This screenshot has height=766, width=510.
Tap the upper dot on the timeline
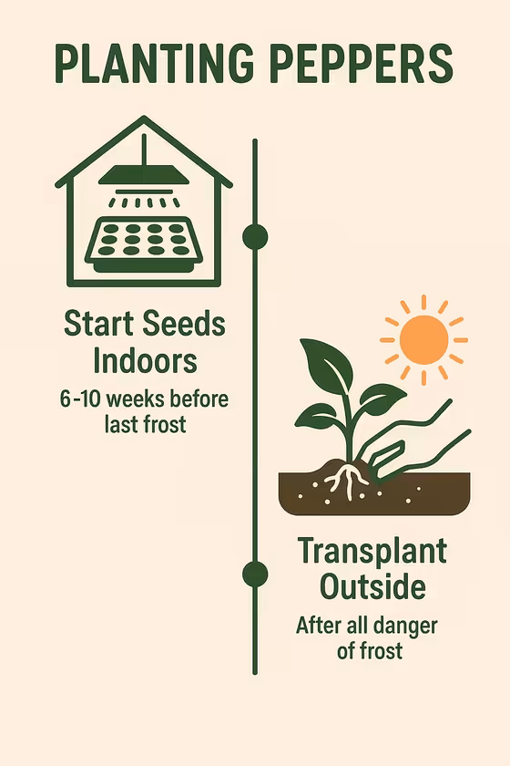coord(255,236)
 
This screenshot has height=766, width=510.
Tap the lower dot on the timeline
coord(255,574)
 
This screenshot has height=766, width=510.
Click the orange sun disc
coord(423,339)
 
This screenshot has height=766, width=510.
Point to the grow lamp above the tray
coord(143,175)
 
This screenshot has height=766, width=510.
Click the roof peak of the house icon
coord(143,120)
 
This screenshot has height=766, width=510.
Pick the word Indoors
coord(145,360)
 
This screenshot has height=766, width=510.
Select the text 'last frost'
coord(145,424)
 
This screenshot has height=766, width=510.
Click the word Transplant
coord(372,551)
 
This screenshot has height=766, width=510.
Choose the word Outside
coord(372,586)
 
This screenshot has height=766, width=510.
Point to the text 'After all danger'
coord(366,626)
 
